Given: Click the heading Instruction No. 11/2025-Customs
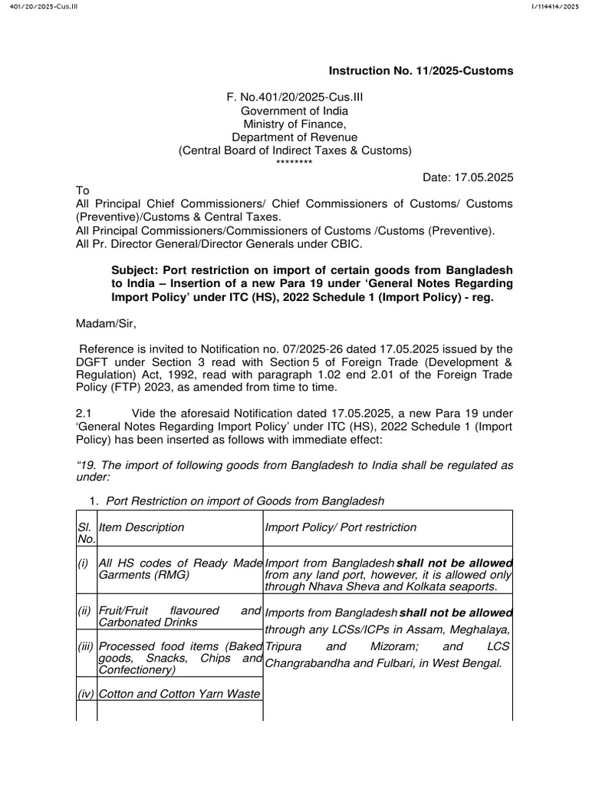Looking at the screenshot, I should point(421,71).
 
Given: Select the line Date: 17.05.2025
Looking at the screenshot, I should point(468,177).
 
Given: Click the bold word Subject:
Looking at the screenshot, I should point(136,270).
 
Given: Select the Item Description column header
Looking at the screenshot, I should point(142,527).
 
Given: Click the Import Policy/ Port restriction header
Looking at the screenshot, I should point(341,527).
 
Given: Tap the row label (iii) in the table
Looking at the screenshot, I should point(86,646).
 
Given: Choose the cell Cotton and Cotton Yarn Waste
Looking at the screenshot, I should point(179,694).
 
